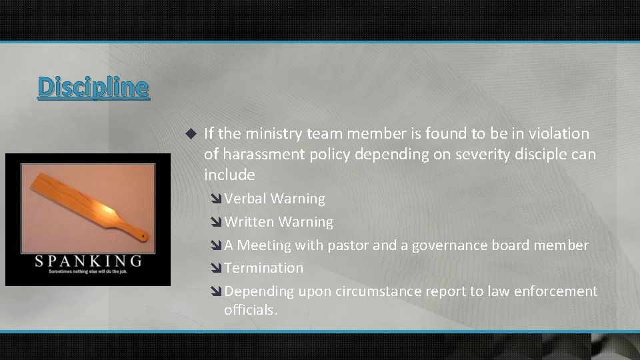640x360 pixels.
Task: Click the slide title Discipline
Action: pyautogui.click(x=93, y=87)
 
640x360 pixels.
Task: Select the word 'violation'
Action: pyautogui.click(x=561, y=133)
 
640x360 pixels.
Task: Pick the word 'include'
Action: pyautogui.click(x=229, y=175)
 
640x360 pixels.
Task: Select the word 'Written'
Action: pyautogui.click(x=250, y=221)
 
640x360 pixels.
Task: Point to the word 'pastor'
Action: pyautogui.click(x=347, y=245)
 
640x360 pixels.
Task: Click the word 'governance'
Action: pyautogui.click(x=450, y=245)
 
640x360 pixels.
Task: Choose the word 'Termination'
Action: pyautogui.click(x=264, y=268)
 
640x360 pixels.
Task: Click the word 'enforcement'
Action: pyautogui.click(x=559, y=291)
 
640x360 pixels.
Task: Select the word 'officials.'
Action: pyautogui.click(x=250, y=309)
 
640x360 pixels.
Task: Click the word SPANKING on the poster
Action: pyautogui.click(x=89, y=260)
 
